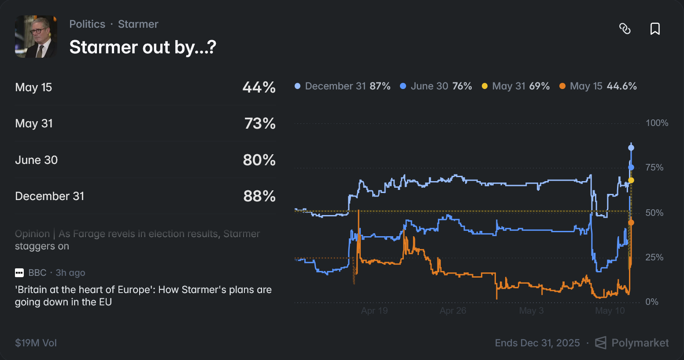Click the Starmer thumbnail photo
(x=36, y=37)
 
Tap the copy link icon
(x=625, y=29)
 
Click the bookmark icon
(x=655, y=29)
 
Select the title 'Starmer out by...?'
(x=143, y=48)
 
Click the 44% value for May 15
(x=259, y=87)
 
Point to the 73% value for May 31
(x=260, y=123)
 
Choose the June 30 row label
(x=37, y=160)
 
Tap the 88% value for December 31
(x=259, y=196)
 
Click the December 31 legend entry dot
(x=297, y=86)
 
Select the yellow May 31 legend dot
(x=484, y=86)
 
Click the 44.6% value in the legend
(x=622, y=86)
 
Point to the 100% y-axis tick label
(x=657, y=123)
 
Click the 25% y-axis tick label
(x=654, y=257)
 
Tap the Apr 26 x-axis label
(x=453, y=311)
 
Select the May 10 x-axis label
(x=610, y=311)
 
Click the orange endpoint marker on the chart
(x=631, y=223)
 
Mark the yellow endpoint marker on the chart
(x=631, y=180)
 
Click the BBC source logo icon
(x=19, y=273)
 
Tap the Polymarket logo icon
(x=601, y=343)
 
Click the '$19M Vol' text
(x=36, y=343)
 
